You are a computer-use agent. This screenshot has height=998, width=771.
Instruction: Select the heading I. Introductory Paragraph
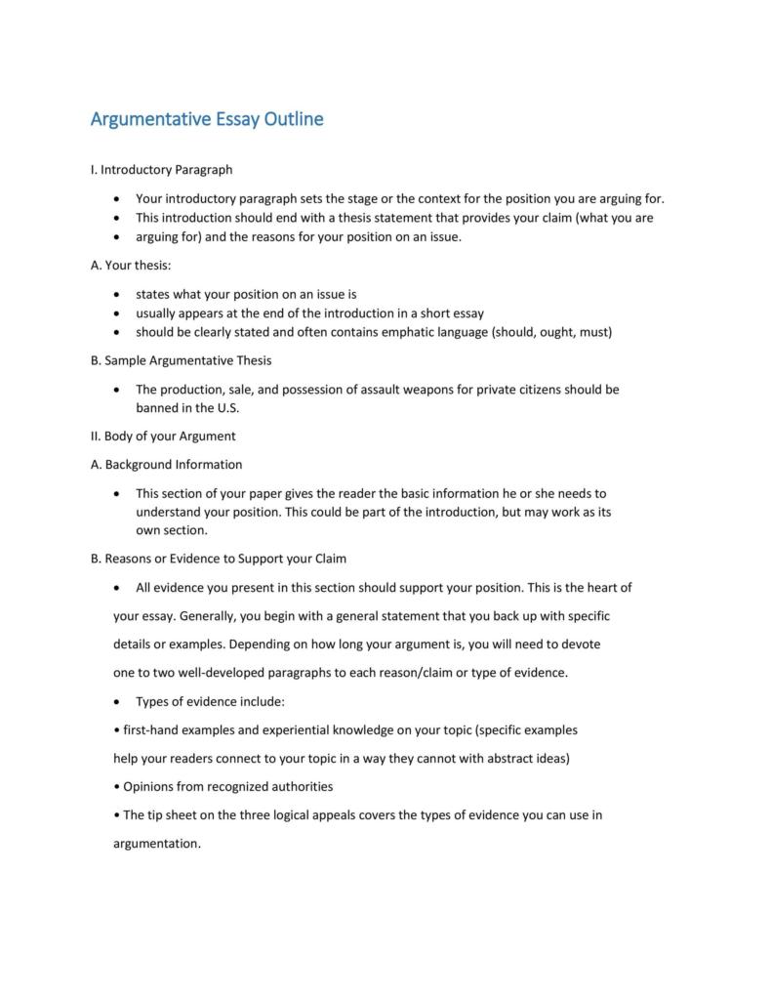pos(161,170)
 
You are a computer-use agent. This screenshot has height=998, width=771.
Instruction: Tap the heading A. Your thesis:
pos(130,265)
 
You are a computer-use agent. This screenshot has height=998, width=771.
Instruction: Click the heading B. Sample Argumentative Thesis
pos(181,360)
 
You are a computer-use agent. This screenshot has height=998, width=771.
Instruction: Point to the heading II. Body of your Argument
pos(163,436)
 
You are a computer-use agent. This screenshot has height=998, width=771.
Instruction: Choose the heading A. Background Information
pos(166,464)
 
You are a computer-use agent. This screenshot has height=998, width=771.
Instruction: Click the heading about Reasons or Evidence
pos(218,559)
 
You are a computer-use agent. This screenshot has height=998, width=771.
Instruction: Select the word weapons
pos(444,389)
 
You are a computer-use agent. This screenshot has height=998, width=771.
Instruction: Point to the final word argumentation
pos(157,844)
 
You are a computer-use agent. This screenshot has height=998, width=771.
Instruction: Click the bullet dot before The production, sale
pos(117,390)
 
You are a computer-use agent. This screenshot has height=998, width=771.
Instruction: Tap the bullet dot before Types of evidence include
pos(117,702)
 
